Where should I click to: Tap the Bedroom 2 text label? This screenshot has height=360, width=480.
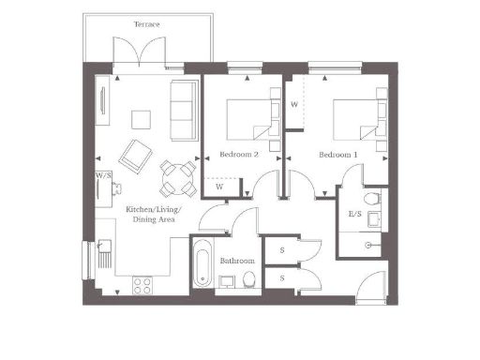239,154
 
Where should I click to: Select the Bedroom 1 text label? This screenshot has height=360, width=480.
337,154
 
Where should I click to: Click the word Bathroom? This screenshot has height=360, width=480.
237,261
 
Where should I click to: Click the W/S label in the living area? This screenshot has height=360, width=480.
102,175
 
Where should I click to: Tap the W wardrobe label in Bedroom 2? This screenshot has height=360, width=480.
219,187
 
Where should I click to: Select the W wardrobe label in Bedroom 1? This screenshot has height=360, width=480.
294,105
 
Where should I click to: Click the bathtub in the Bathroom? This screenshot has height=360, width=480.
202,262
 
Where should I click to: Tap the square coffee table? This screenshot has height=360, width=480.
141,118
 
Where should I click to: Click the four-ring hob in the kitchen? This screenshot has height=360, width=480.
143,283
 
